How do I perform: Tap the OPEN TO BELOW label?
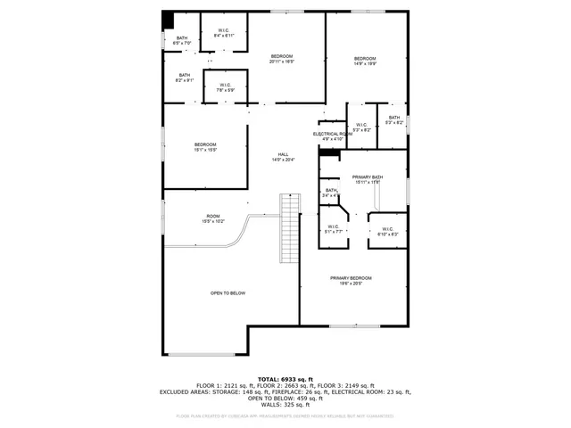tap(228, 293)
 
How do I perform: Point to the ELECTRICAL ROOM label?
tap(332, 134)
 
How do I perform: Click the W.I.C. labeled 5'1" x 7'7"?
tap(335, 227)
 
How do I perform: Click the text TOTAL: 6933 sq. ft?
tap(285, 379)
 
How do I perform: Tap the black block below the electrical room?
tap(329, 152)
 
